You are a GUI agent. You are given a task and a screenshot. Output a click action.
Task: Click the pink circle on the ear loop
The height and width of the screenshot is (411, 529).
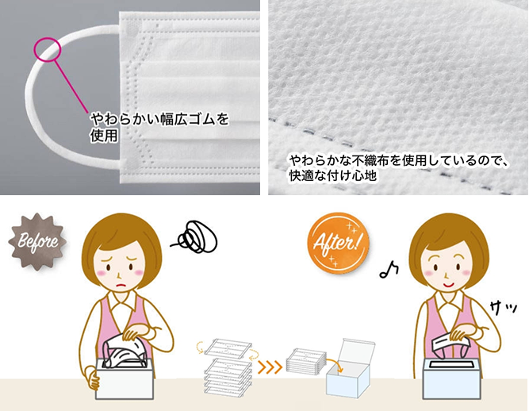tap(48, 38)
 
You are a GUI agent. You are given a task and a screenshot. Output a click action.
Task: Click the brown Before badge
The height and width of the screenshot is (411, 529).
tap(37, 241)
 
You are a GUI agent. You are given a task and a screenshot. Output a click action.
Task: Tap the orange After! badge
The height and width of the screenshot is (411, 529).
tap(338, 243)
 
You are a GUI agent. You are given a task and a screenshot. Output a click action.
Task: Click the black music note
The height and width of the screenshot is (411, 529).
tap(389, 270)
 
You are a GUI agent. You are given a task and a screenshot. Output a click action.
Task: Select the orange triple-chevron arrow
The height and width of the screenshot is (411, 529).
tap(270, 367)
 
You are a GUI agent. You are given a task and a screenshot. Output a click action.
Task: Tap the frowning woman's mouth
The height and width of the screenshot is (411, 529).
tap(121, 285)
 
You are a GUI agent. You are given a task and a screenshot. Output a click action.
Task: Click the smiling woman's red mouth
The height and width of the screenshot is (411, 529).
tap(448, 285)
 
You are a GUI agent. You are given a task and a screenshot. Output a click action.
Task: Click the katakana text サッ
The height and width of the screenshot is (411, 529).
tap(504, 308)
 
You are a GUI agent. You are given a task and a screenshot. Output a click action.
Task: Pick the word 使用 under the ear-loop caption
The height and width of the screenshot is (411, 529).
tap(104, 136)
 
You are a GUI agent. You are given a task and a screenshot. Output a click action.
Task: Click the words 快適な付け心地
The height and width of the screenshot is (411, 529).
tap(332, 176)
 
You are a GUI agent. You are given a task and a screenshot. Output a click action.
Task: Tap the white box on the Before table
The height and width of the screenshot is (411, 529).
tap(125, 378)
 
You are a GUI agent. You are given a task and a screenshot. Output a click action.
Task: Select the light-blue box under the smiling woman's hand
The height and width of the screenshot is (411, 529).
tap(452, 378)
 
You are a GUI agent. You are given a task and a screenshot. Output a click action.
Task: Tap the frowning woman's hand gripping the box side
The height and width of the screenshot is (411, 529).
tap(91, 377)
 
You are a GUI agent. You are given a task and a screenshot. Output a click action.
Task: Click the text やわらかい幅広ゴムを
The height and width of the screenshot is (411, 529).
tap(159, 119)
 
